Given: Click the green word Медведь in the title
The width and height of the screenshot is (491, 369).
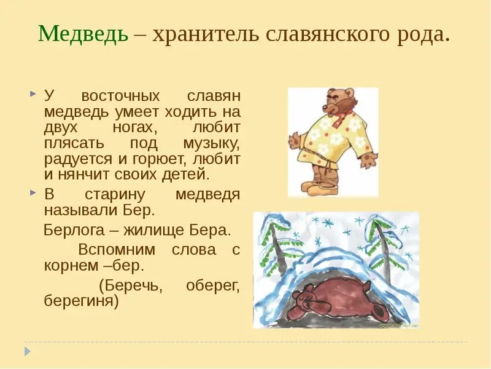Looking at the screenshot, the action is [83, 33].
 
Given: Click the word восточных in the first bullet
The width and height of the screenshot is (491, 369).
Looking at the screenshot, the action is [120, 95].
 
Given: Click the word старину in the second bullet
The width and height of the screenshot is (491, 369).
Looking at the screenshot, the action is [115, 195].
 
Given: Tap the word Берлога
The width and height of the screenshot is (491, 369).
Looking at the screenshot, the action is [74, 230].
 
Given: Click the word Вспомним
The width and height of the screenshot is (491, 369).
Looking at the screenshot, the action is [117, 250].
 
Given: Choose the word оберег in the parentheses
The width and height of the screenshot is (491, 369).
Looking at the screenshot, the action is [212, 286].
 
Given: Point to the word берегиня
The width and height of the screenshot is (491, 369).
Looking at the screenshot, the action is [82, 301].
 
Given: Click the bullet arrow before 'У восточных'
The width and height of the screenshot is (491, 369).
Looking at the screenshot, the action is [33, 94].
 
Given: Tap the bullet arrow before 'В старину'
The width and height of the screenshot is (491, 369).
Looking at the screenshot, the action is [33, 193].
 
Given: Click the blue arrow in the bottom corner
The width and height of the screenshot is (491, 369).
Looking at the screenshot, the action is [28, 351].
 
